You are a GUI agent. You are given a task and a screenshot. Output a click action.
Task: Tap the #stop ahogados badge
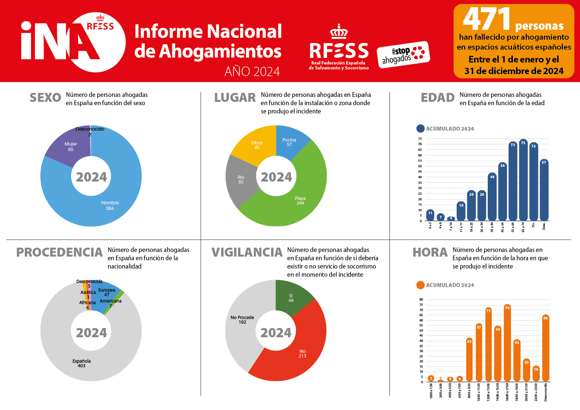click(x=403, y=55)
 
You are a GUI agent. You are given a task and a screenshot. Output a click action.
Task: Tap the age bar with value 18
click(x=461, y=212)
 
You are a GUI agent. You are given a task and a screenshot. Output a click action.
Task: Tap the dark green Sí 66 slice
click(x=291, y=298)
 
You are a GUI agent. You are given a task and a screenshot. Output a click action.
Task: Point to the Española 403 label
click(x=81, y=363)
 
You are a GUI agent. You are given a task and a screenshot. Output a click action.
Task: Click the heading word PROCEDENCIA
click(x=60, y=252)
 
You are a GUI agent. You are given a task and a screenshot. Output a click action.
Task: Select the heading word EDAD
click(x=437, y=98)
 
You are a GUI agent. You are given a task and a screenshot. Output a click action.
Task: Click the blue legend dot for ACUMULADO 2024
click(x=420, y=129)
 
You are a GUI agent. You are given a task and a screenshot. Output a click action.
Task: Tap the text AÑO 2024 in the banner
click(x=252, y=71)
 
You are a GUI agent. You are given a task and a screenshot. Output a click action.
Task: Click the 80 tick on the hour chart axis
click(x=421, y=300)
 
